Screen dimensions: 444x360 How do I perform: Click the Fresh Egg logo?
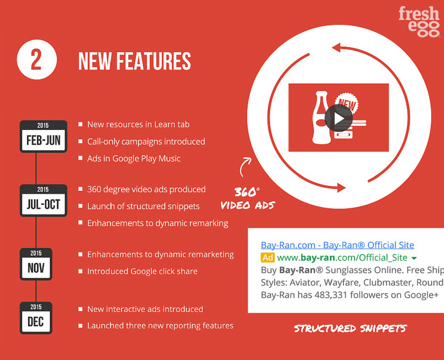(419, 22)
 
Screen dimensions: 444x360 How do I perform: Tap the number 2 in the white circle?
(36, 60)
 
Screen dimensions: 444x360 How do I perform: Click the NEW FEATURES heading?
(134, 61)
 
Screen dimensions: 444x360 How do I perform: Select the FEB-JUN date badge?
(43, 137)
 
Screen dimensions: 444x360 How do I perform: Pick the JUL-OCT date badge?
(43, 200)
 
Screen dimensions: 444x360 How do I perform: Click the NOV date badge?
(36, 264)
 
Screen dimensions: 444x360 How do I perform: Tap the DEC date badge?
(36, 318)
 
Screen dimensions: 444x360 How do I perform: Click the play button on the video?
(338, 118)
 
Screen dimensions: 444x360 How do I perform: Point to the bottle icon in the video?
(321, 118)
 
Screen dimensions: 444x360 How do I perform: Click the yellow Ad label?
(268, 258)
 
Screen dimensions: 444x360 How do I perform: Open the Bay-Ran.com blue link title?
(337, 245)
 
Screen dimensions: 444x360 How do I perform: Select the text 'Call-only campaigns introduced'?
(146, 141)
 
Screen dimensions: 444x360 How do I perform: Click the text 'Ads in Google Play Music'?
(134, 158)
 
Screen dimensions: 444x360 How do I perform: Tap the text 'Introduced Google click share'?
(142, 271)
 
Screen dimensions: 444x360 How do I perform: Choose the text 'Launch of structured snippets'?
(143, 206)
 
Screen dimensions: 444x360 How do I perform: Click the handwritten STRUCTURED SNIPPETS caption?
(350, 328)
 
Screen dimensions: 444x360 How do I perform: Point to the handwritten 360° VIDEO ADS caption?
(247, 198)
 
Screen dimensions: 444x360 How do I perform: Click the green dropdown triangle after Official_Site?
(414, 258)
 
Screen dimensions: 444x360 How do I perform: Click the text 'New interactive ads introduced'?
(145, 309)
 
